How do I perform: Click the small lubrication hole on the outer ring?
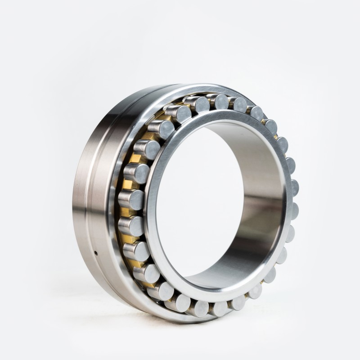[x=96, y=252]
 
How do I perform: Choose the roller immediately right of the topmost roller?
[x=239, y=105]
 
